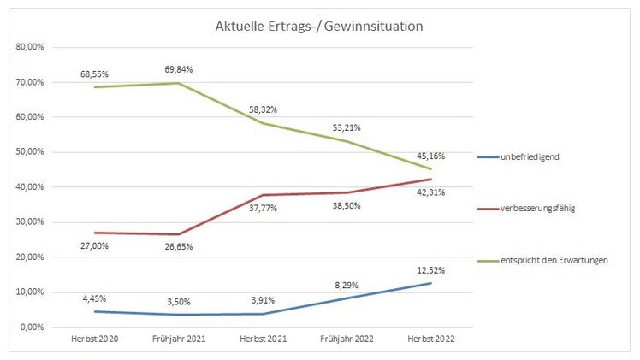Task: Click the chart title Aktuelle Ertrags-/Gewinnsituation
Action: click(x=318, y=27)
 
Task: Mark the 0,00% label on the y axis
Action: click(x=32, y=328)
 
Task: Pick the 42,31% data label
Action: click(x=430, y=192)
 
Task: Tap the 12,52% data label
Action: click(x=430, y=269)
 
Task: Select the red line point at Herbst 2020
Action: click(x=94, y=233)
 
